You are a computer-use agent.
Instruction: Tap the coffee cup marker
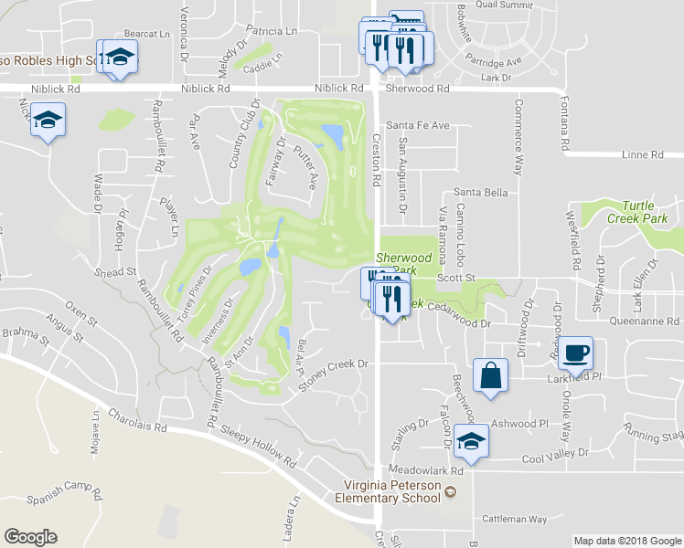point(575,353)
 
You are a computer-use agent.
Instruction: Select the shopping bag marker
point(491,374)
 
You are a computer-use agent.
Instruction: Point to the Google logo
point(30,537)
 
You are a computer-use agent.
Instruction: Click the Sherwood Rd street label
point(418,89)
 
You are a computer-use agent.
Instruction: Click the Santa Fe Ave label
point(419,124)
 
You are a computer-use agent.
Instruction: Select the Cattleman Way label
point(516,519)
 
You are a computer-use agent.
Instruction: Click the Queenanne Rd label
point(645,321)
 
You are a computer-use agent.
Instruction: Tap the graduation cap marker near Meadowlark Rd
point(471,441)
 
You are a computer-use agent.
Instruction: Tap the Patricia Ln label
point(272,30)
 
